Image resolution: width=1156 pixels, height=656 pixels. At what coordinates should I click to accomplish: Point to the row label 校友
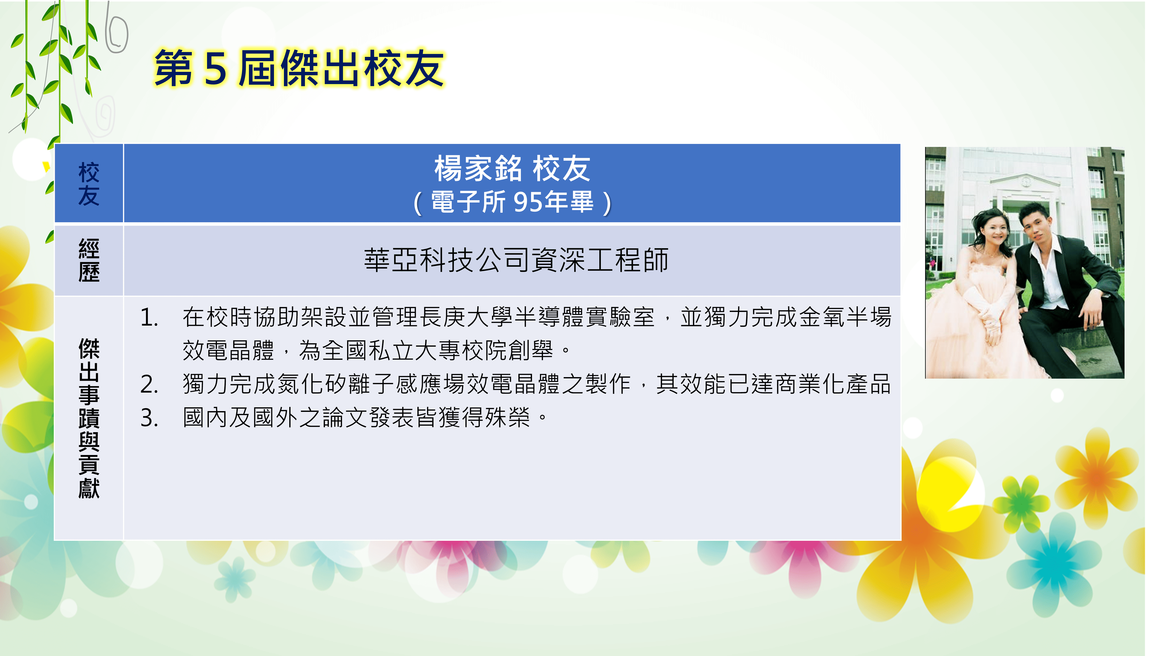pyautogui.click(x=89, y=184)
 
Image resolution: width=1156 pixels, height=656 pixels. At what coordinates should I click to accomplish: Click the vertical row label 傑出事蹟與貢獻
pyautogui.click(x=89, y=418)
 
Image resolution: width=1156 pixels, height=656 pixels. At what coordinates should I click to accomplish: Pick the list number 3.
pyautogui.click(x=149, y=418)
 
